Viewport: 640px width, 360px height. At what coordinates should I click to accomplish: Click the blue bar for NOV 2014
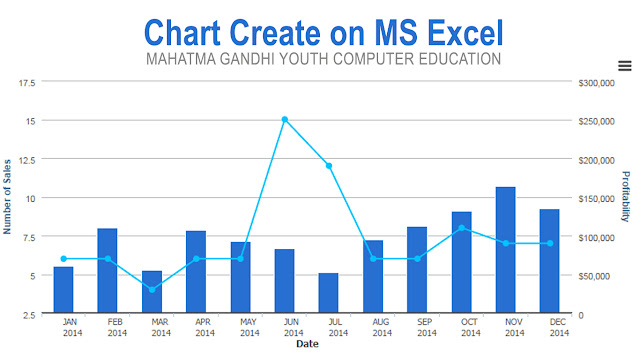pyautogui.click(x=506, y=250)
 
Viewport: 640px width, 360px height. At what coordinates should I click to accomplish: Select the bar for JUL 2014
pyautogui.click(x=329, y=293)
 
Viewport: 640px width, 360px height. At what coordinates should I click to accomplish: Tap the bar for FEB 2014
pyautogui.click(x=107, y=271)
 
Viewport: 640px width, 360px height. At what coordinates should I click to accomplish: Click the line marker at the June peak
pyautogui.click(x=285, y=119)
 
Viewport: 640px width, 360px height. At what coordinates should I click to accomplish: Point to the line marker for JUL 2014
pyautogui.click(x=329, y=166)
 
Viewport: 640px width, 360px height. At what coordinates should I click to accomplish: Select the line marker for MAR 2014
pyautogui.click(x=152, y=290)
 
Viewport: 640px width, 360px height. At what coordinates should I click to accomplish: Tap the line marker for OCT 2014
pyautogui.click(x=462, y=228)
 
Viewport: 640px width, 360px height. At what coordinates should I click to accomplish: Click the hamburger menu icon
pyautogui.click(x=625, y=66)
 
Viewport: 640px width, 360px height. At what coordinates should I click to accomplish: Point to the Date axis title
pyautogui.click(x=307, y=345)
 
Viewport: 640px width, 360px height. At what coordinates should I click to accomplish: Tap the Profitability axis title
pyautogui.click(x=627, y=196)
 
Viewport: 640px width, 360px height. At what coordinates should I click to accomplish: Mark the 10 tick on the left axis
pyautogui.click(x=30, y=198)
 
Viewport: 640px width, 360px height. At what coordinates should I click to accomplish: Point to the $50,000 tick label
pyautogui.click(x=594, y=276)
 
